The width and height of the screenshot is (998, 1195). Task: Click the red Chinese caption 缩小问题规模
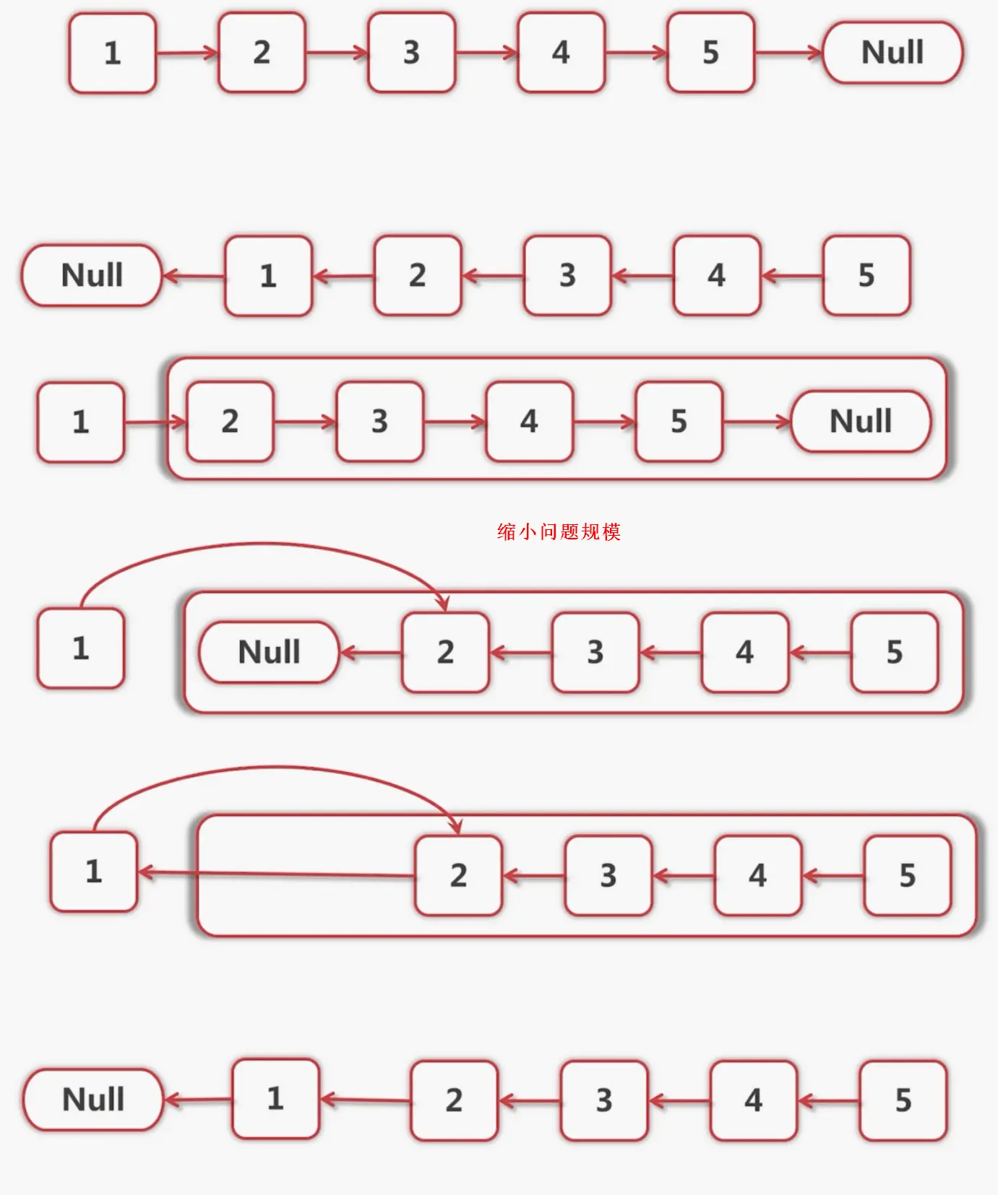pyautogui.click(x=559, y=532)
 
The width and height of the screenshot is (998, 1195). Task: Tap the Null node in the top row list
pyautogui.click(x=892, y=53)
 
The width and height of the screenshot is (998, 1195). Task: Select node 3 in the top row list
pyautogui.click(x=411, y=53)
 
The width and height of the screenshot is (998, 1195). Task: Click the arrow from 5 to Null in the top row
pyautogui.click(x=788, y=53)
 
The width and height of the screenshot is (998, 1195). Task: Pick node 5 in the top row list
pyautogui.click(x=710, y=53)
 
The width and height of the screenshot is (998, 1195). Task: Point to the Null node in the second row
pyautogui.click(x=92, y=275)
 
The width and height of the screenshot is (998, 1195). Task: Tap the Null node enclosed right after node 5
pyautogui.click(x=861, y=421)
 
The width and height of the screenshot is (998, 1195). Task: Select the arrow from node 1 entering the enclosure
pyautogui.click(x=155, y=422)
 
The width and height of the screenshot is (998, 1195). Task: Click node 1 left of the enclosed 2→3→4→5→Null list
pyautogui.click(x=81, y=422)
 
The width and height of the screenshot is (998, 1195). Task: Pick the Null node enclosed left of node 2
pyautogui.click(x=269, y=652)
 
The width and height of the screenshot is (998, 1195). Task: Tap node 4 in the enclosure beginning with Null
pyautogui.click(x=744, y=652)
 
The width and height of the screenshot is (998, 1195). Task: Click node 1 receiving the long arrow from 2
pyautogui.click(x=93, y=872)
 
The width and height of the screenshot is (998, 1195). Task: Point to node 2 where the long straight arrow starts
pyautogui.click(x=458, y=875)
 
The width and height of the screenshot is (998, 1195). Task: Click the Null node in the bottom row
pyautogui.click(x=93, y=1100)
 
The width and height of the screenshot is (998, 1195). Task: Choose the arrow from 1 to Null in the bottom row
pyautogui.click(x=198, y=1100)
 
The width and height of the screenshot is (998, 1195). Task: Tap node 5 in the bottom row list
pyautogui.click(x=903, y=1100)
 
